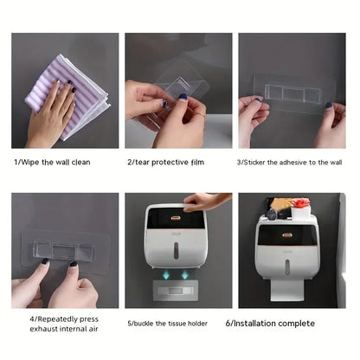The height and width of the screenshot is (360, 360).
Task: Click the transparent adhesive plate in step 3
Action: (294, 89)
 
